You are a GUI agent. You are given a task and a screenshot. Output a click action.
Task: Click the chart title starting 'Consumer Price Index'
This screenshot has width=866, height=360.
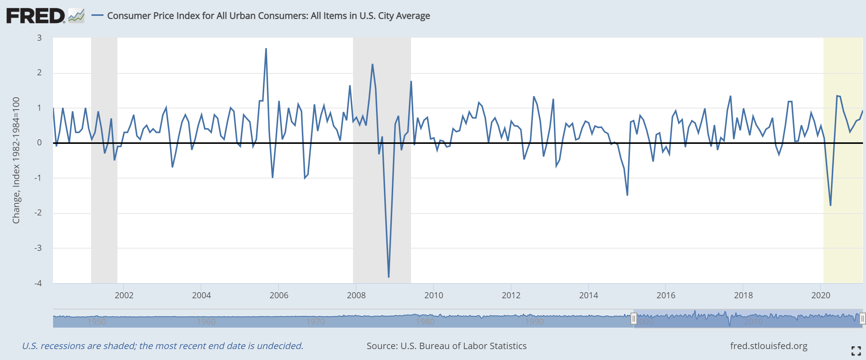pyautogui.click(x=268, y=16)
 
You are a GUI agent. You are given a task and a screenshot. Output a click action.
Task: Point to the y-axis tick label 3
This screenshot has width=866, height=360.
pyautogui.click(x=39, y=38)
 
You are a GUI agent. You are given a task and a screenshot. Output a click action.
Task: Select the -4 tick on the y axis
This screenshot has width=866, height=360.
pyautogui.click(x=38, y=283)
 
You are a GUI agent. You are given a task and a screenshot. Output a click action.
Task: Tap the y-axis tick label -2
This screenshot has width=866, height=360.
pyautogui.click(x=38, y=213)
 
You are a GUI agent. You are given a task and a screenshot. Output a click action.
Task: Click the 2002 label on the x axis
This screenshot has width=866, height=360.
pyautogui.click(x=124, y=295)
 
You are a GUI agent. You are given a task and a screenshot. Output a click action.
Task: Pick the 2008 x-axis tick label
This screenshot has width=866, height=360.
pyautogui.click(x=356, y=295)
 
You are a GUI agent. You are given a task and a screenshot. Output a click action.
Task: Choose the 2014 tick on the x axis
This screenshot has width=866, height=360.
pyautogui.click(x=588, y=295)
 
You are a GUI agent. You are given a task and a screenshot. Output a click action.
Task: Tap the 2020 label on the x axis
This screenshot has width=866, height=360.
pyautogui.click(x=820, y=295)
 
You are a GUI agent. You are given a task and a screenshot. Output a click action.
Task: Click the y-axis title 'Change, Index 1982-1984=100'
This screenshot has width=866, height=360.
pyautogui.click(x=16, y=160)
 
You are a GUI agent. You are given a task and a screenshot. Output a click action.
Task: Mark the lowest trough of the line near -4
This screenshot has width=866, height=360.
pyautogui.click(x=388, y=277)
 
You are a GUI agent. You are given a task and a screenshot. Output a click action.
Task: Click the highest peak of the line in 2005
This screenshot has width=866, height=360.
pyautogui.click(x=266, y=49)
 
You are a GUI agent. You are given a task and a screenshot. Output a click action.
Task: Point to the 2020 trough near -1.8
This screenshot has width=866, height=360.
pyautogui.click(x=830, y=205)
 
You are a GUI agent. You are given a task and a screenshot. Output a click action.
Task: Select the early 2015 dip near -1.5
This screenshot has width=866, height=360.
pyautogui.click(x=627, y=195)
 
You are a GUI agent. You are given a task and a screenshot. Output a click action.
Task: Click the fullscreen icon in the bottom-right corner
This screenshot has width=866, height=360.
pyautogui.click(x=856, y=351)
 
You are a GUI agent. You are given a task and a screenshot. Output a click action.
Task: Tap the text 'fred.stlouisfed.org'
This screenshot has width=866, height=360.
pyautogui.click(x=769, y=346)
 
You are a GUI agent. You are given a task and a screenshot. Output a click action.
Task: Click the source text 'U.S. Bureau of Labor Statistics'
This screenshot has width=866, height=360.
pyautogui.click(x=463, y=346)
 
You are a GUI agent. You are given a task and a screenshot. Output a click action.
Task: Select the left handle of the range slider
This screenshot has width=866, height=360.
pyautogui.click(x=634, y=319)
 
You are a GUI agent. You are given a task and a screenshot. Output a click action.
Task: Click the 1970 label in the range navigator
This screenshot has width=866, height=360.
pyautogui.click(x=315, y=322)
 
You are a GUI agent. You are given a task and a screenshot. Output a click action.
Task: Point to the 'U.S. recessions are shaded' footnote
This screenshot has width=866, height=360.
pyautogui.click(x=163, y=346)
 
